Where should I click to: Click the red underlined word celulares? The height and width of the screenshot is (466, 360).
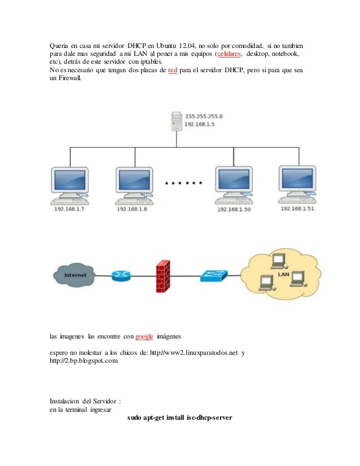coord(227,54)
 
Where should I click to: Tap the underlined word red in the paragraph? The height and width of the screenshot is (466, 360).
coord(173,71)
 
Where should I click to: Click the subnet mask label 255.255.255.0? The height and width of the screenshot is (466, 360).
coord(204,116)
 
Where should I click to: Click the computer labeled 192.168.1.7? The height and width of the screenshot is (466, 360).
coord(69,183)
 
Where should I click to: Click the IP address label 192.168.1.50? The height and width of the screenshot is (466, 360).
coord(234,209)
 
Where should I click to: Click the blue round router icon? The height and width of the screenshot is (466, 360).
coord(121,275)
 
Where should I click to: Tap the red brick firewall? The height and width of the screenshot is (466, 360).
coord(164,274)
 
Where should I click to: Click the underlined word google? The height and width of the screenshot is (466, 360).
coord(145,336)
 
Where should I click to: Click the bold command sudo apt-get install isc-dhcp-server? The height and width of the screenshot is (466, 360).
coord(180,418)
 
